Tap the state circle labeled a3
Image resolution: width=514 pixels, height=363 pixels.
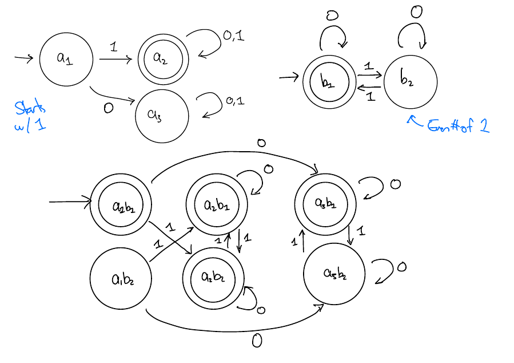[x=162, y=115]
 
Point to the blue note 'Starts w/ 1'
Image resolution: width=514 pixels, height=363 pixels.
[x=30, y=116]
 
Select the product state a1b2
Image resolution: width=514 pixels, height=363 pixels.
[x=121, y=279]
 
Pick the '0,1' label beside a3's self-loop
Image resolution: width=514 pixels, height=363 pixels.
[x=234, y=101]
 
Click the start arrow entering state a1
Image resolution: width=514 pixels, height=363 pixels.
[x=23, y=58]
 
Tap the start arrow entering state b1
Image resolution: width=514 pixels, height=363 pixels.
[x=290, y=77]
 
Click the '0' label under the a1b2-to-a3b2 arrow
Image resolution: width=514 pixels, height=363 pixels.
[x=257, y=341]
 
